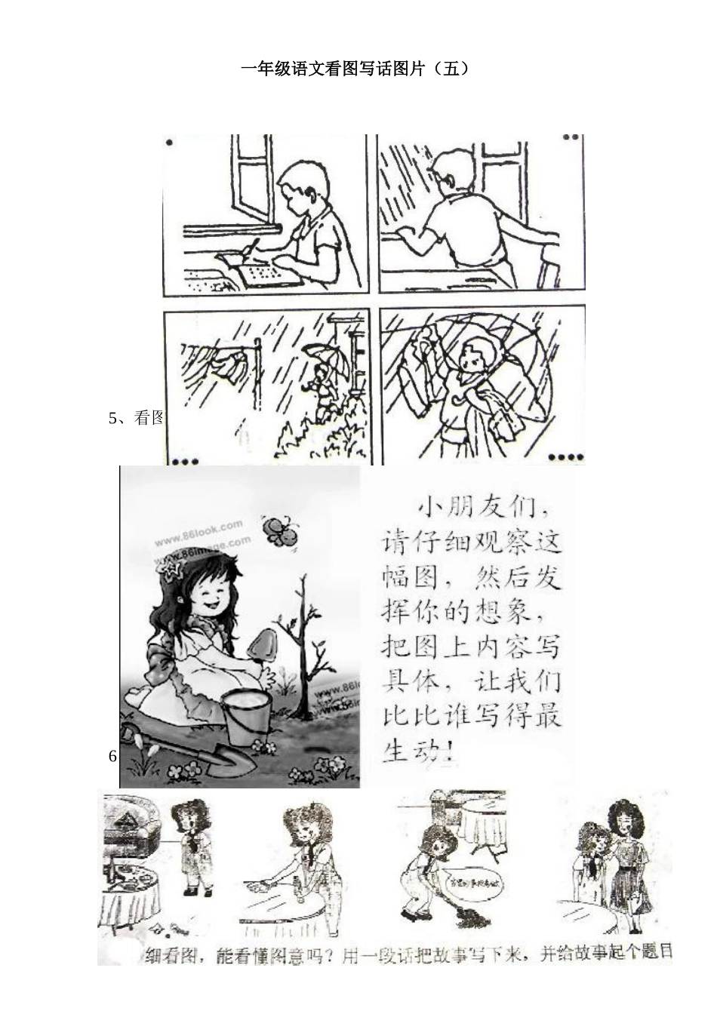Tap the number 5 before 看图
point(113,418)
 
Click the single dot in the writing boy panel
point(169,142)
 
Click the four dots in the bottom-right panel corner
point(565,456)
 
